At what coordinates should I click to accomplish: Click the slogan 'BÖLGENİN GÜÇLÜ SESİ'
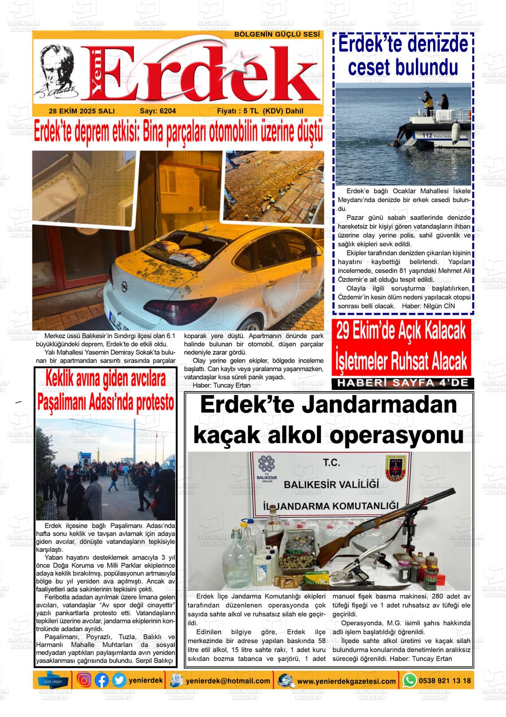point(277,34)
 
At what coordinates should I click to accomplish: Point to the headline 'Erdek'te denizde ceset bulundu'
point(403,56)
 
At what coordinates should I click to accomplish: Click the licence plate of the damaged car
point(125,318)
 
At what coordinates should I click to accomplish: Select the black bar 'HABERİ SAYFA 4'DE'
point(403,383)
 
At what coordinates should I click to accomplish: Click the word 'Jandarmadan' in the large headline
point(376,405)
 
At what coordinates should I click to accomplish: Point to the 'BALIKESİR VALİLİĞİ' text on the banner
point(331,484)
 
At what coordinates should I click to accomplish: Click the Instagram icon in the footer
point(84,680)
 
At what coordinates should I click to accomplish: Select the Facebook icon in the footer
point(102,680)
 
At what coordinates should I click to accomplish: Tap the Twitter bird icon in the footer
point(119,680)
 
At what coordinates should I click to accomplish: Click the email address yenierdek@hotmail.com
point(228,681)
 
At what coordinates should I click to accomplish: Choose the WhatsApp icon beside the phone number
point(409,680)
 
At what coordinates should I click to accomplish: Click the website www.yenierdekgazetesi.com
point(346,681)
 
